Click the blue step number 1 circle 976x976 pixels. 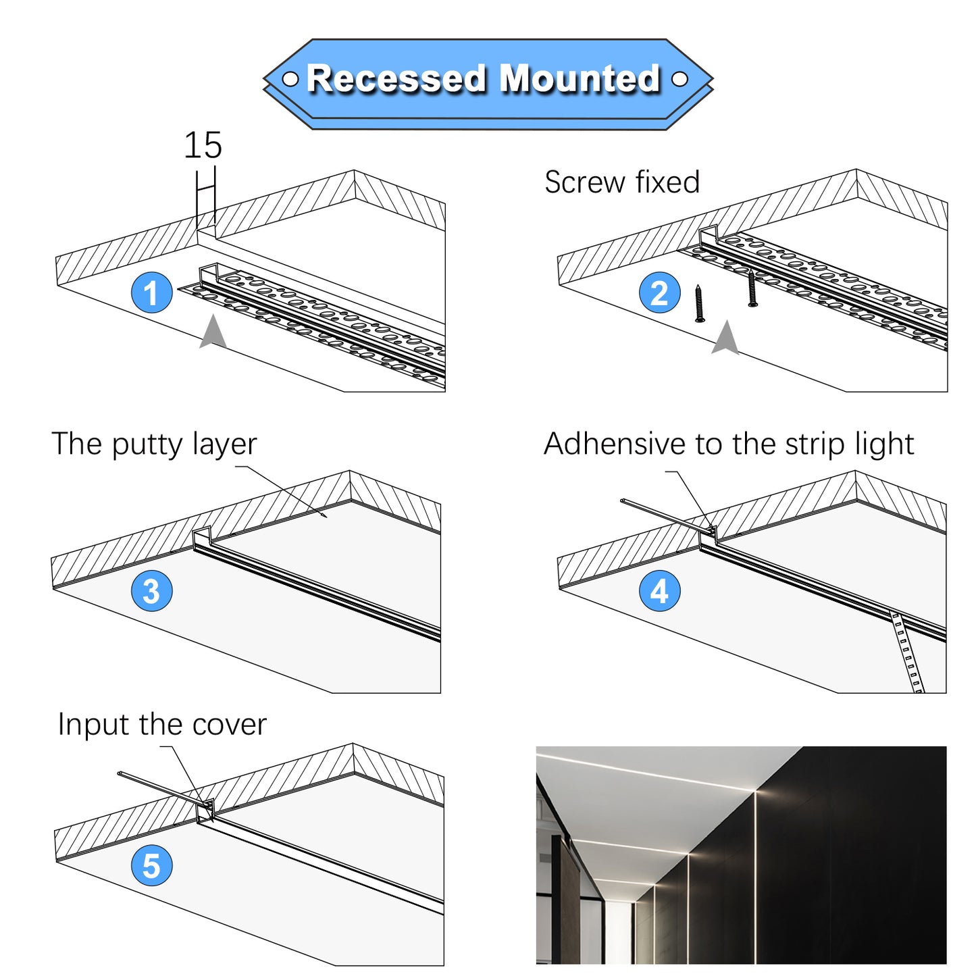coord(151,292)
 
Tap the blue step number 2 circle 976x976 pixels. coord(659,292)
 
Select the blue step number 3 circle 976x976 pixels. coord(151,590)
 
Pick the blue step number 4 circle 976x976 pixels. coord(659,590)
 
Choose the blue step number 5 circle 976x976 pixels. coord(151,866)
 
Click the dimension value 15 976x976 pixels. coord(203,145)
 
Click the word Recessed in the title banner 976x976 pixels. coord(396,79)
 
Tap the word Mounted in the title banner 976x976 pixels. coord(580,79)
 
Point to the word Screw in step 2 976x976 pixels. coord(585,182)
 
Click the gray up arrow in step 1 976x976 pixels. coord(213,332)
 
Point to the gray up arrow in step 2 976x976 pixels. coord(726,337)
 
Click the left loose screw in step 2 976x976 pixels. coord(700,303)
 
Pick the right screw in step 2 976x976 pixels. coord(752,288)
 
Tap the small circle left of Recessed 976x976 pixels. coord(290,79)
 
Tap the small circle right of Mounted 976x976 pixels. coord(679,79)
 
